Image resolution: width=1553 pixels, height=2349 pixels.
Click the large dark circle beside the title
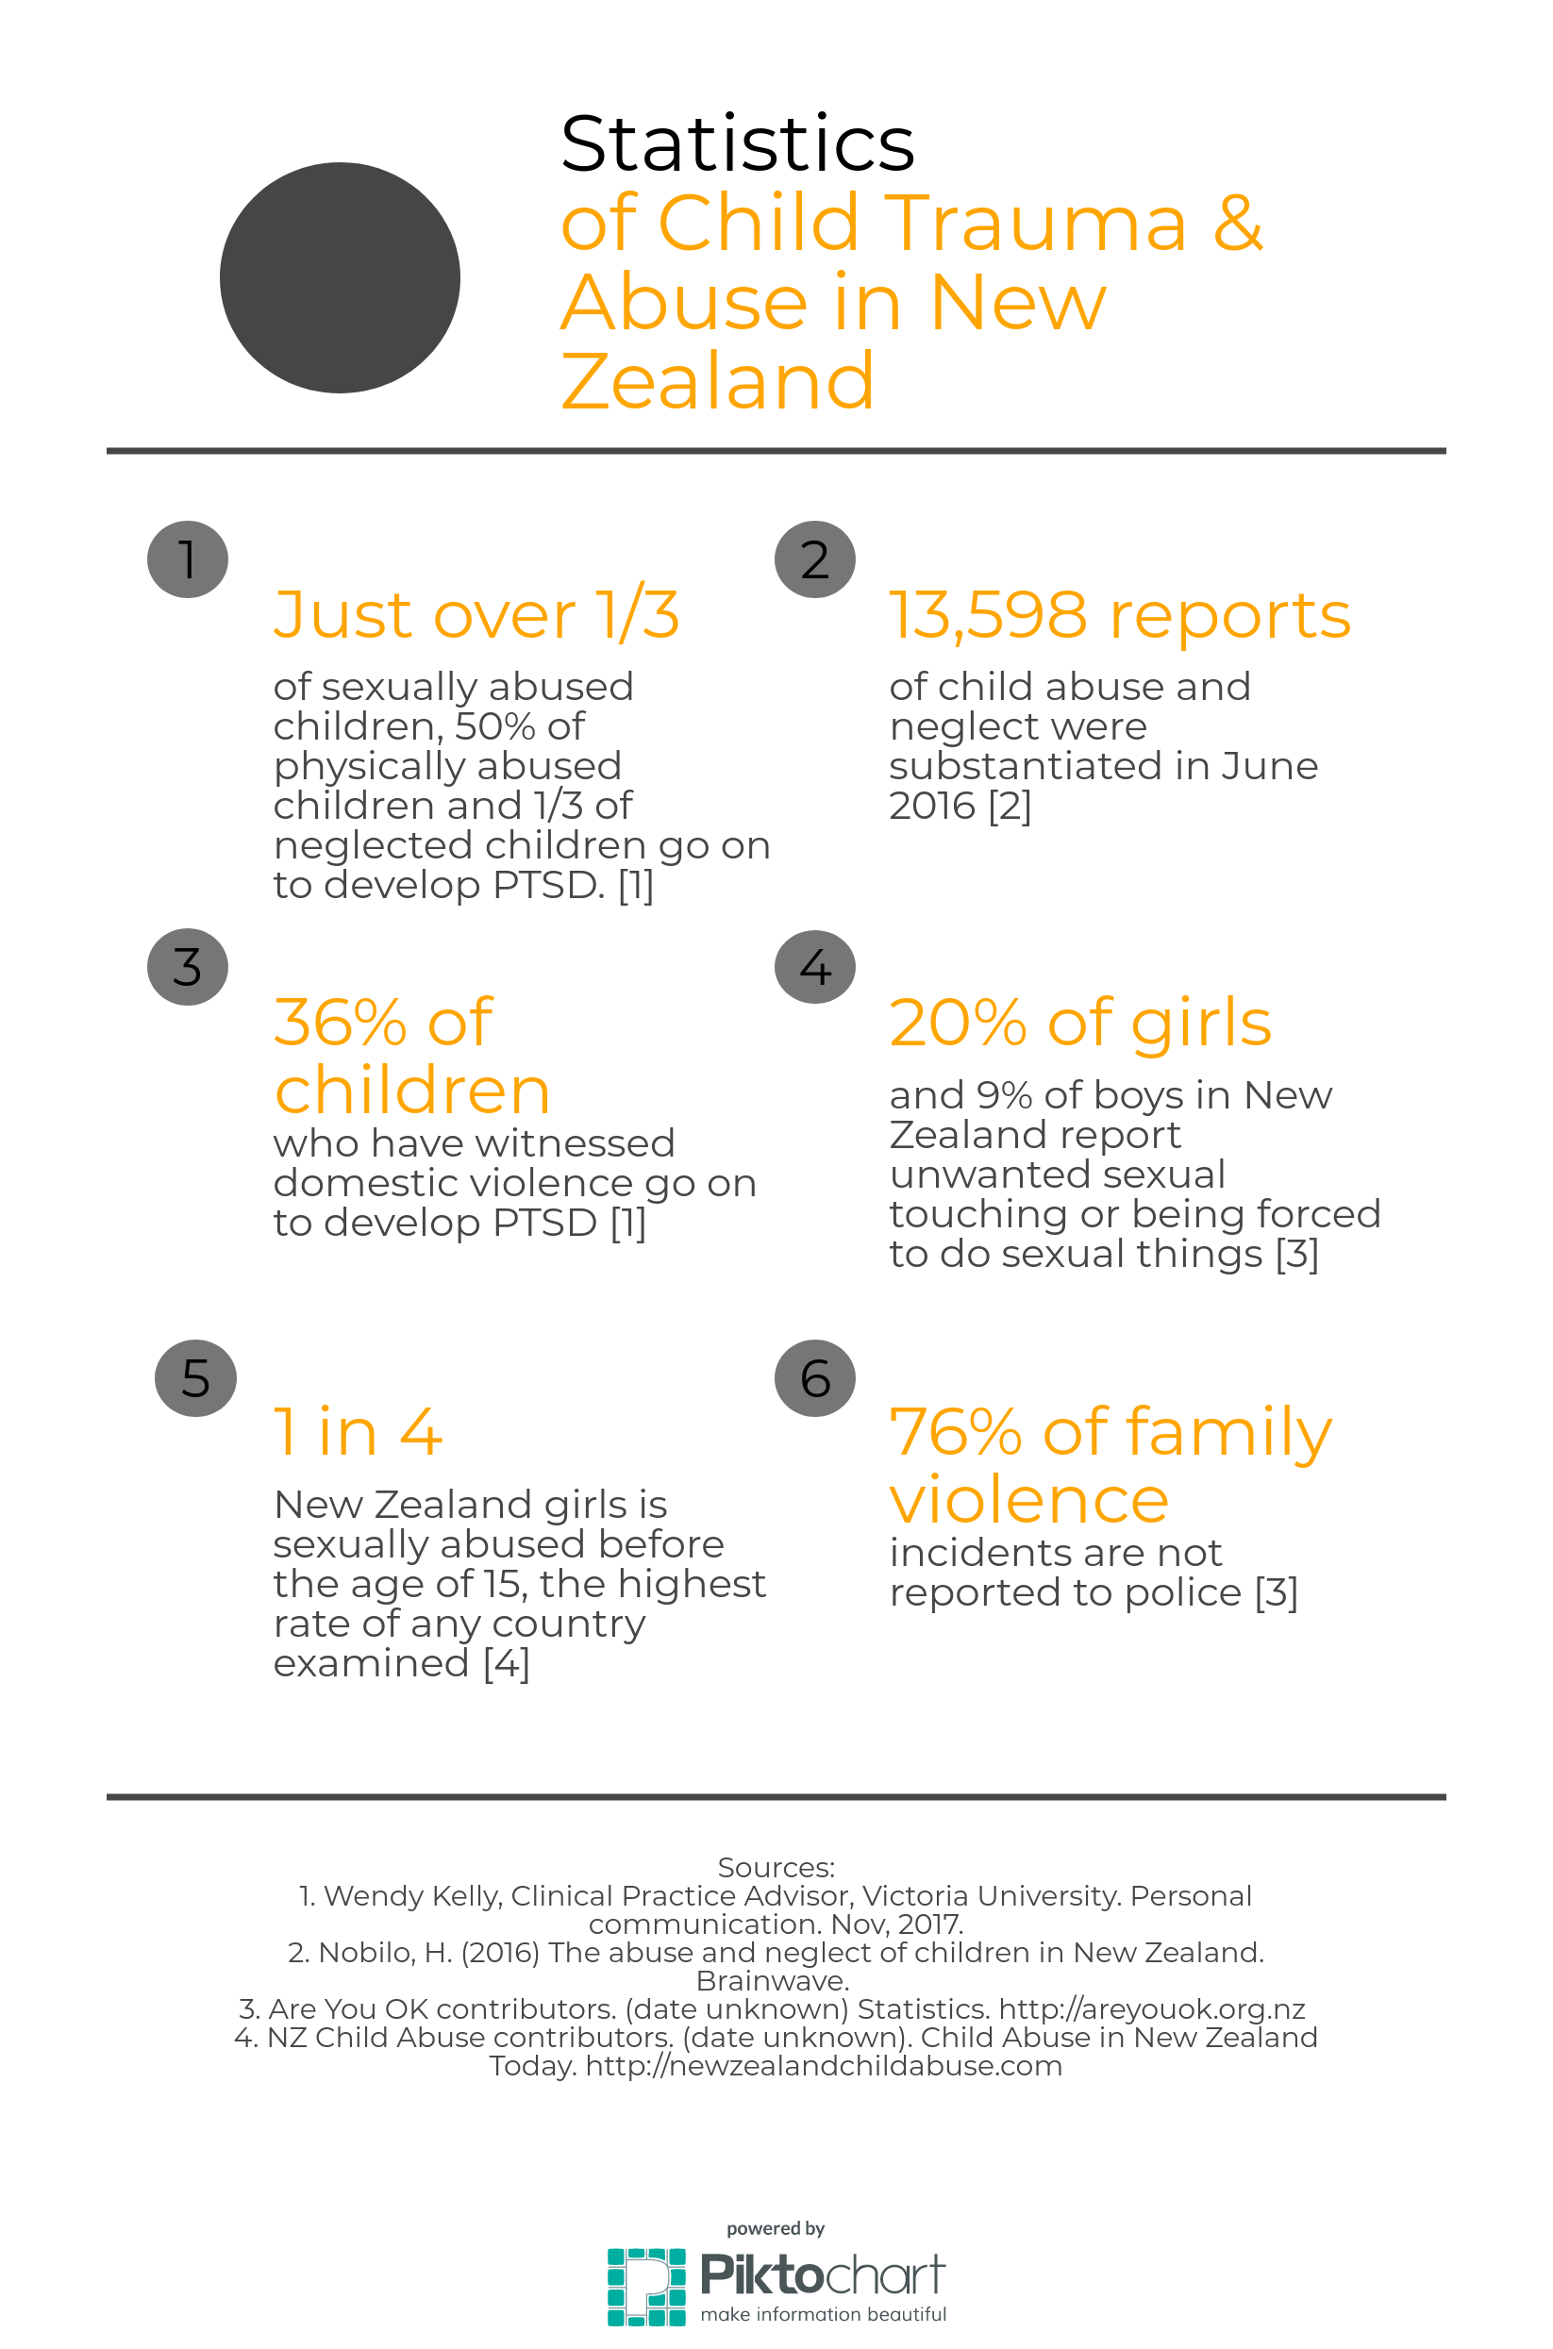coord(340,277)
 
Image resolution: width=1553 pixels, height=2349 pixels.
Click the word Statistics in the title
coord(737,143)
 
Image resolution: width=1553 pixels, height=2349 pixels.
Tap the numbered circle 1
coord(187,559)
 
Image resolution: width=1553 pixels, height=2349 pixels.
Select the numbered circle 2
coord(814,559)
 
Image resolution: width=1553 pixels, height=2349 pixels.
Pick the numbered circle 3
coord(187,967)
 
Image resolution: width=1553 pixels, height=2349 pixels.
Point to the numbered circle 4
coord(814,967)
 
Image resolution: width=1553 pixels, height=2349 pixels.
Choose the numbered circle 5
coord(195,1377)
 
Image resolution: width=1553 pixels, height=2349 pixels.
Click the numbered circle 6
coord(814,1377)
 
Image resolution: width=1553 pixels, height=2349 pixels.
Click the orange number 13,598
coord(988,615)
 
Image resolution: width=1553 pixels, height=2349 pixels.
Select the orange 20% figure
coord(957,1022)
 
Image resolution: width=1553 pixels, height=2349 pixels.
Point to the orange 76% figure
coord(955,1432)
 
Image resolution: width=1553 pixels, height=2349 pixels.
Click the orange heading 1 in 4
coord(358,1432)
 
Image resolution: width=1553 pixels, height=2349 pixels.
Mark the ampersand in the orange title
coord(1238,223)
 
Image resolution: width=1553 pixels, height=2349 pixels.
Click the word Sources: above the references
coord(776,1867)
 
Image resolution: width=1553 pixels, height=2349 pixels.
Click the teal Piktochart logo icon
coord(645,2287)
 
